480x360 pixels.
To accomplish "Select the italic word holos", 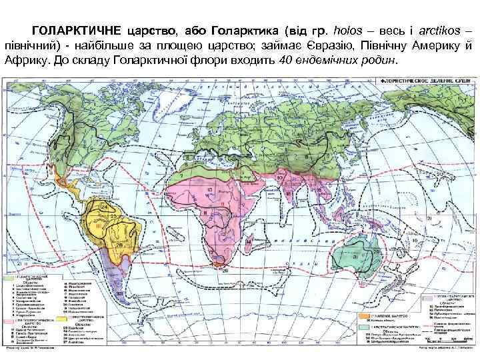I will pos(351,31).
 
